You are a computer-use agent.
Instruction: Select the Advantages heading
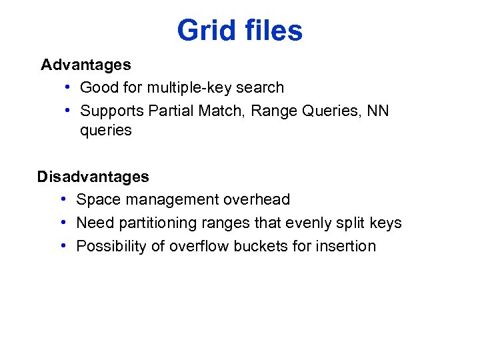pos(85,65)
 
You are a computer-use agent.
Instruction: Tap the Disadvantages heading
pos(93,177)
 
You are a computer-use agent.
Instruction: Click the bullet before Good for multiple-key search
pos(69,87)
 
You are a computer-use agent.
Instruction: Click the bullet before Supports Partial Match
pos(69,110)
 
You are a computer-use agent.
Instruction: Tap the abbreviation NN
pos(377,110)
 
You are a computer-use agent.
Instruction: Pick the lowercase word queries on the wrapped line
pos(106,131)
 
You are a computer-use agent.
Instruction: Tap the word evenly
pos(309,223)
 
